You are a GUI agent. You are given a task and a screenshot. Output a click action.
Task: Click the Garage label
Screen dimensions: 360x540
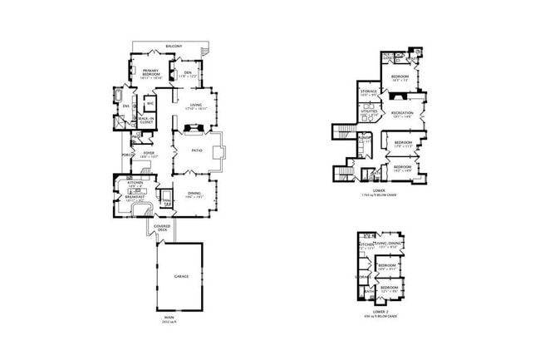click(180, 275)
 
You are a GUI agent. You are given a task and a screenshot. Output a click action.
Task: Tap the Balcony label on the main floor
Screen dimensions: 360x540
click(174, 46)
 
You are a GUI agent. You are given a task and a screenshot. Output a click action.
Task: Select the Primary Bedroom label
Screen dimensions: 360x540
click(150, 72)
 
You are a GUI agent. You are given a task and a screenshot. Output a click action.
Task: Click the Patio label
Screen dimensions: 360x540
click(197, 150)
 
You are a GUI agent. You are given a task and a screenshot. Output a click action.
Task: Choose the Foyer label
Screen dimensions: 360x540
click(149, 153)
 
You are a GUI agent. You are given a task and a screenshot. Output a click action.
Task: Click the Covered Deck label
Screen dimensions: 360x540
click(162, 228)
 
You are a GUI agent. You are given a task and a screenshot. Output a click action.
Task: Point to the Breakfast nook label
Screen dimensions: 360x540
click(135, 196)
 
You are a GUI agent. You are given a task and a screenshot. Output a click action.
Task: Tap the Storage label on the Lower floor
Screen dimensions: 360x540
click(369, 91)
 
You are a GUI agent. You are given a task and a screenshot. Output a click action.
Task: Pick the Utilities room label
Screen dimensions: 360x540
click(369, 111)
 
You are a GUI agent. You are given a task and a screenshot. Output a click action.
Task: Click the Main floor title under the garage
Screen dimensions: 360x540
click(169, 317)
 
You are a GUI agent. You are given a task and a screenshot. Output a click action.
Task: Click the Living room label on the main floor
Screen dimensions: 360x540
click(196, 106)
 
